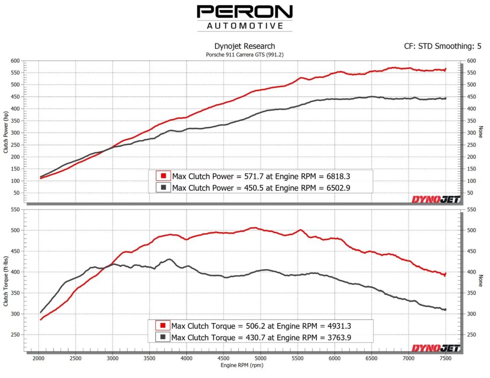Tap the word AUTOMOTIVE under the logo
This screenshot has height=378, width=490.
coord(245,26)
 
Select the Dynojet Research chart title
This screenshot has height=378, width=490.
coord(245,46)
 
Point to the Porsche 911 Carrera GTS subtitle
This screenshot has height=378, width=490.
coord(245,55)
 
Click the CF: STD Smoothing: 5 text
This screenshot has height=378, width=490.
coord(443,46)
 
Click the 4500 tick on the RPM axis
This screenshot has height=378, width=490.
coord(224,357)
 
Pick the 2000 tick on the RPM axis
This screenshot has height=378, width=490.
coord(39,357)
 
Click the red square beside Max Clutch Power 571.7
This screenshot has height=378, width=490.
coord(163,175)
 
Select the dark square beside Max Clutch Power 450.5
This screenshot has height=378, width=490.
coord(163,187)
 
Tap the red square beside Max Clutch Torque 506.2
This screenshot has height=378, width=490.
coord(163,325)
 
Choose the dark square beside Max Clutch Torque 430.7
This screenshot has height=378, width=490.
coord(163,337)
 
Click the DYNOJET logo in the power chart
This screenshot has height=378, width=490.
coord(436,199)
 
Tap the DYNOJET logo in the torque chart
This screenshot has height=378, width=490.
coord(436,348)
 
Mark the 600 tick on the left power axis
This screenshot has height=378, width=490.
coord(15,61)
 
